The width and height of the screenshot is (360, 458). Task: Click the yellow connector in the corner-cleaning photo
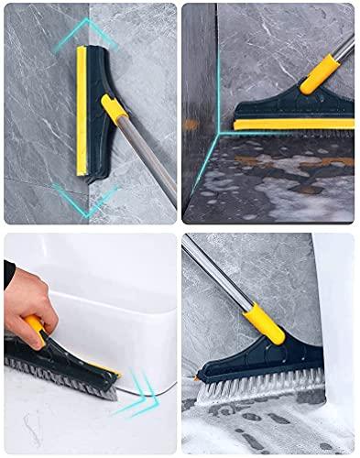click(320, 72)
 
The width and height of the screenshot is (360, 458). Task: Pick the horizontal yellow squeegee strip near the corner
click(293, 124)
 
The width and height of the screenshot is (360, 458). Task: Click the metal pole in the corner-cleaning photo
click(344, 46)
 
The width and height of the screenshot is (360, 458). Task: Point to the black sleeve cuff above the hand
click(8, 273)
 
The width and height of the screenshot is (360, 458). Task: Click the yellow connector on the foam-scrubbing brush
click(265, 322)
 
